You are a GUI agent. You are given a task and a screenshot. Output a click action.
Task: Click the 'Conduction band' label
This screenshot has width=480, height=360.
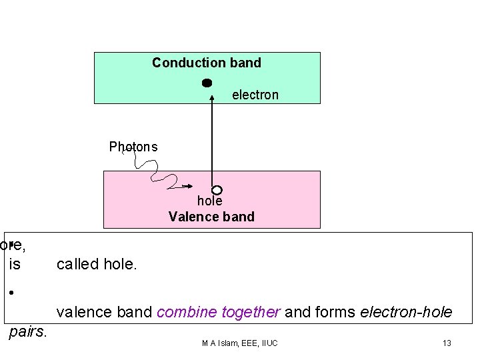point(207,63)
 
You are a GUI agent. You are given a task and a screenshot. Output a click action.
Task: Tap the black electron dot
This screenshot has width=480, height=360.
point(207,83)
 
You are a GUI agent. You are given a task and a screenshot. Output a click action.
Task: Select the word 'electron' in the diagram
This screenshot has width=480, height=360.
point(255,95)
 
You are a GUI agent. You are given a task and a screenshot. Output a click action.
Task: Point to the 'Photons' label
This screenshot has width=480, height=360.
point(133,147)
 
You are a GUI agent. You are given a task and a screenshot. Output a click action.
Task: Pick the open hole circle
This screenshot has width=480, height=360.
point(216,190)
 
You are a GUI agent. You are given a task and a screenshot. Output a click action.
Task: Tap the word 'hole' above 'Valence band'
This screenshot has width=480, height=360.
point(209,201)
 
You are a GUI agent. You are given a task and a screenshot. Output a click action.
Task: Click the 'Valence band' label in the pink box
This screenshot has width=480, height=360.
point(211,217)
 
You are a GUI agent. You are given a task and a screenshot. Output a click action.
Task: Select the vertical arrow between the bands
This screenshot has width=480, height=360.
point(212,140)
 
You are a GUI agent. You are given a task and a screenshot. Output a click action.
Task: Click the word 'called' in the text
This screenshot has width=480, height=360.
point(78,265)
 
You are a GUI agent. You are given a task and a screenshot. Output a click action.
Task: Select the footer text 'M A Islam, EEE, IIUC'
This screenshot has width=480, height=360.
point(239,343)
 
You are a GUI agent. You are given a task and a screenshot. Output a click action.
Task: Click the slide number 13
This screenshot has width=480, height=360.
point(447,343)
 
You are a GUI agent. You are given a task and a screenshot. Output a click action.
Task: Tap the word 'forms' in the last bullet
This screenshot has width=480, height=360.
point(339,312)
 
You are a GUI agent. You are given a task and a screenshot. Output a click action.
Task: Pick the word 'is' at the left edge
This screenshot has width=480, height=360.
point(15,265)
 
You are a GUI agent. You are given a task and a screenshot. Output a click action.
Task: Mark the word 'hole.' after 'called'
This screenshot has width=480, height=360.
point(121,265)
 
